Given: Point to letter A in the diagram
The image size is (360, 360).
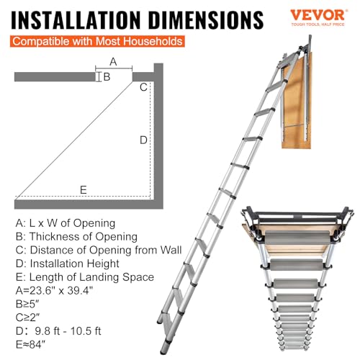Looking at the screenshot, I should pyautogui.click(x=113, y=62).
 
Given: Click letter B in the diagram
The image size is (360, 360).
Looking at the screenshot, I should pyautogui.click(x=106, y=76).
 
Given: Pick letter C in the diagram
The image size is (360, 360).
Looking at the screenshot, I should pyautogui.click(x=143, y=87).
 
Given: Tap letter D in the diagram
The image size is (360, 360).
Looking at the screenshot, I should pyautogui.click(x=143, y=140).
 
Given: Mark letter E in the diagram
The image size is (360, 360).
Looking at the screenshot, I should pyautogui.click(x=84, y=190).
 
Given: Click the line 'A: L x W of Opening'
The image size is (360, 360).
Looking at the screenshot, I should pyautogui.click(x=65, y=223).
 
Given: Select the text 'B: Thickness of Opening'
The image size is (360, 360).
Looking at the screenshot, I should pyautogui.click(x=75, y=237).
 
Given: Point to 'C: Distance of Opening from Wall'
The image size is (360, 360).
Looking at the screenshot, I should pyautogui.click(x=98, y=251).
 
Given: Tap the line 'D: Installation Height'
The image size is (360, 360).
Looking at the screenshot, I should pyautogui.click(x=69, y=264).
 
